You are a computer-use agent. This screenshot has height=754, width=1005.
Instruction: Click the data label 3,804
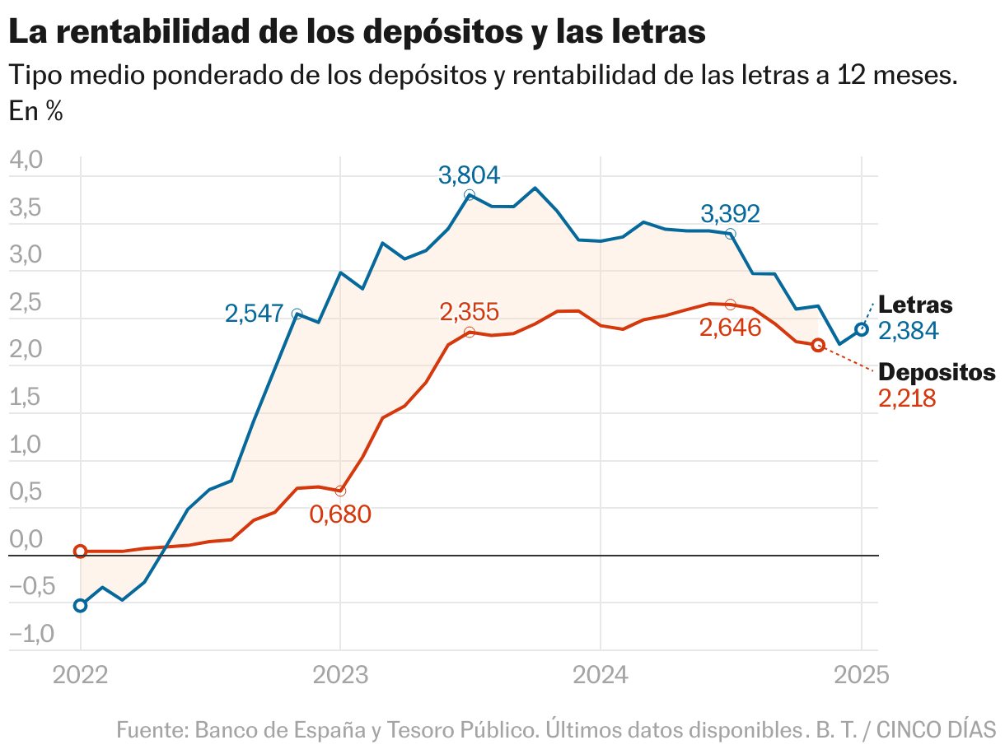coord(469,175)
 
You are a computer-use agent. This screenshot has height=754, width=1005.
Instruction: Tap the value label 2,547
coord(255,314)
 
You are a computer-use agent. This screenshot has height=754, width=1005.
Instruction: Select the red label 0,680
coord(340,514)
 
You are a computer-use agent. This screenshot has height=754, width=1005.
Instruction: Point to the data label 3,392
coord(730,214)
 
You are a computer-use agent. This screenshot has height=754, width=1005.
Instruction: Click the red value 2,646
coord(730,328)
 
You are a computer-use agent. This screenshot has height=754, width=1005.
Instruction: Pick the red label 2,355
coord(469,313)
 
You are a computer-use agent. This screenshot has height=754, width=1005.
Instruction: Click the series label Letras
coord(915,305)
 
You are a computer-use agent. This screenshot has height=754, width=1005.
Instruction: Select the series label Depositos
coord(937,372)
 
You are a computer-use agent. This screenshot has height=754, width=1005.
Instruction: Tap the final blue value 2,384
coord(909,331)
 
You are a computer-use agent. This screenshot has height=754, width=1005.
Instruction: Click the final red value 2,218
coord(908,398)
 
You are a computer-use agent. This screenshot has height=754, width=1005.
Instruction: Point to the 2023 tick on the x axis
coord(340,676)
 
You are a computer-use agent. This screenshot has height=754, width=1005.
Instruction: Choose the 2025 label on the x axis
coord(861,676)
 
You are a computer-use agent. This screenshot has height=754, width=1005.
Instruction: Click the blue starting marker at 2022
coord(80,606)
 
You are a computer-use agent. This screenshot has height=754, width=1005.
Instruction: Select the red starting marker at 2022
coord(80,552)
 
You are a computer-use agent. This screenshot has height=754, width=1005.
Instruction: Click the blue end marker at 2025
coord(862,329)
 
